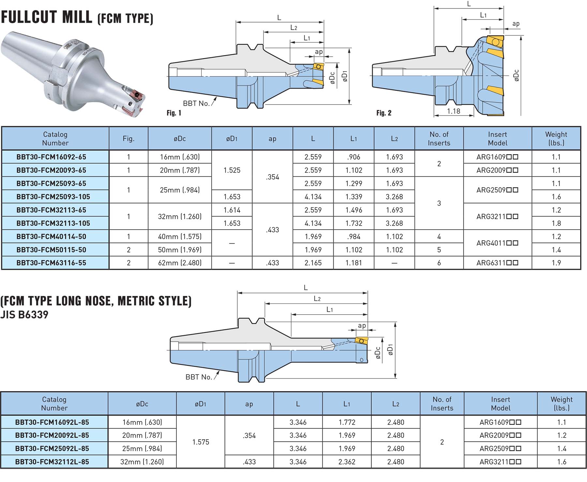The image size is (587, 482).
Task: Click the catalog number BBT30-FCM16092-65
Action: (51, 157)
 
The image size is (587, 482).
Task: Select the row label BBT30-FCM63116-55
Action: (51, 263)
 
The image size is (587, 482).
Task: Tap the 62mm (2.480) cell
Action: (180, 263)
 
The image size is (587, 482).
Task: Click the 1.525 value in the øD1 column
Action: (232, 170)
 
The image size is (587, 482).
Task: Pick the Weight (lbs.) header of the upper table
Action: (556, 138)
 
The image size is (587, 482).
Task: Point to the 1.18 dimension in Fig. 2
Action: (453, 111)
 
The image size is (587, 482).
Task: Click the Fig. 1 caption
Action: (174, 113)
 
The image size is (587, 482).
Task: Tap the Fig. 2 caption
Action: (384, 113)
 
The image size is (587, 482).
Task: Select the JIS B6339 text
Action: (24, 315)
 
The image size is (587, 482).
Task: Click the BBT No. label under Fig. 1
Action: (196, 104)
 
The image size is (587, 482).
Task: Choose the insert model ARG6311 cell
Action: (497, 263)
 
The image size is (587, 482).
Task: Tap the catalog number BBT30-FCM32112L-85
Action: (52, 462)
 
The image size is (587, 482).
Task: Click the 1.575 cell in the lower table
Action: (201, 442)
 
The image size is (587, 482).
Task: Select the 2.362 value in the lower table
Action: (347, 462)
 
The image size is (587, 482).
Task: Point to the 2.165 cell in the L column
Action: (313, 263)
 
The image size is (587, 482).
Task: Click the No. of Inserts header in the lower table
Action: (442, 404)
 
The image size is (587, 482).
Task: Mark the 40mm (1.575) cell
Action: (180, 236)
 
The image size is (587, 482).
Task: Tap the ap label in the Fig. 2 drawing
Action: (516, 24)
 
